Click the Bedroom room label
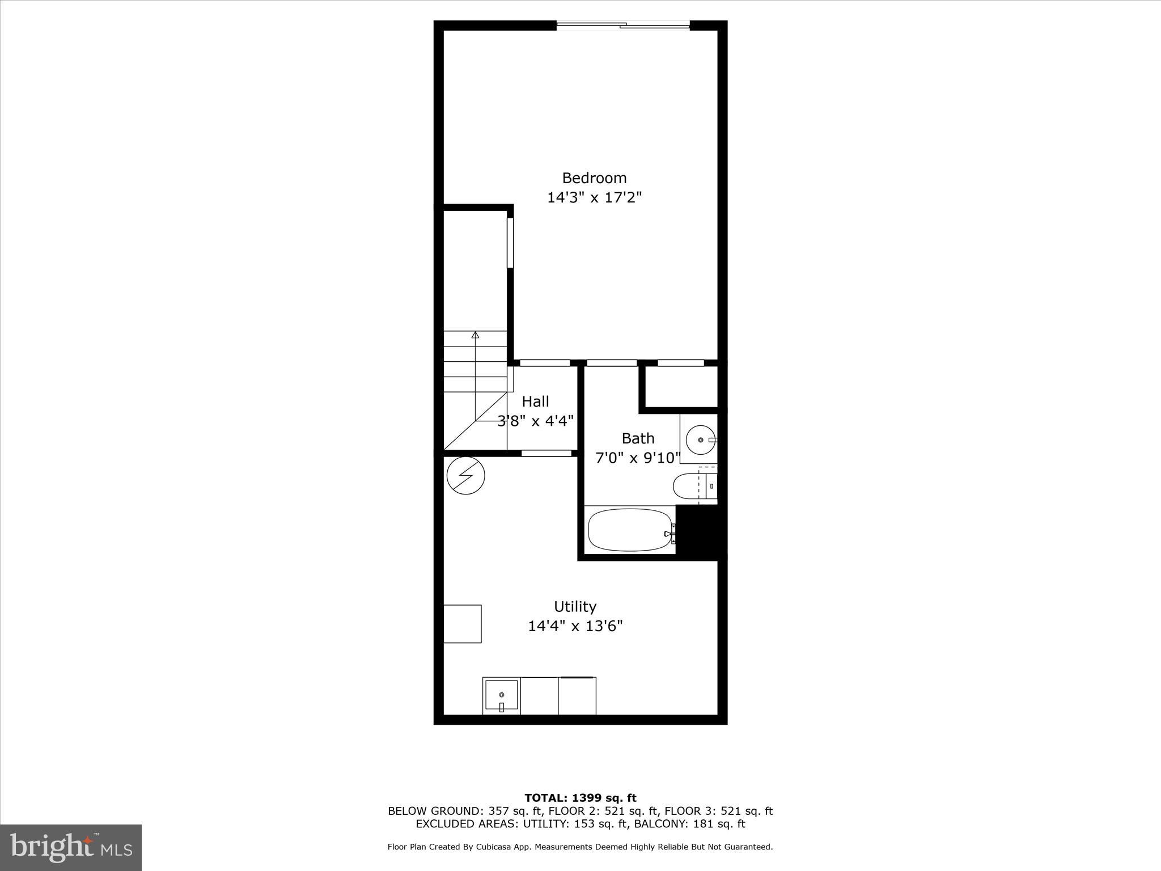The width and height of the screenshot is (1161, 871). click(594, 178)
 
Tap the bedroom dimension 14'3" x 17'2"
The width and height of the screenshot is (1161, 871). click(594, 198)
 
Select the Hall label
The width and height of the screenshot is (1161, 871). click(535, 401)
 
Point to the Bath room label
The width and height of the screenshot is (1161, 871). click(638, 438)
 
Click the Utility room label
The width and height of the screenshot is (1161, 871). click(575, 607)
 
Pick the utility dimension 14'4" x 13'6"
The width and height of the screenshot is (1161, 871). click(575, 626)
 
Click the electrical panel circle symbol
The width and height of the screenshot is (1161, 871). click(465, 475)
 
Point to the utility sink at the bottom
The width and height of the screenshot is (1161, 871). click(501, 696)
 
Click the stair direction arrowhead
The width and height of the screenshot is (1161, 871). click(475, 335)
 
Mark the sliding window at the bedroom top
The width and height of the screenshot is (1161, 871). click(623, 25)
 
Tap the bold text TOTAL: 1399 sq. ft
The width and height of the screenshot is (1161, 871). click(580, 798)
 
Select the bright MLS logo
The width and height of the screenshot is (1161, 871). click(71, 848)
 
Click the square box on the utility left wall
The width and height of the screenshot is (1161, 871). click(462, 624)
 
